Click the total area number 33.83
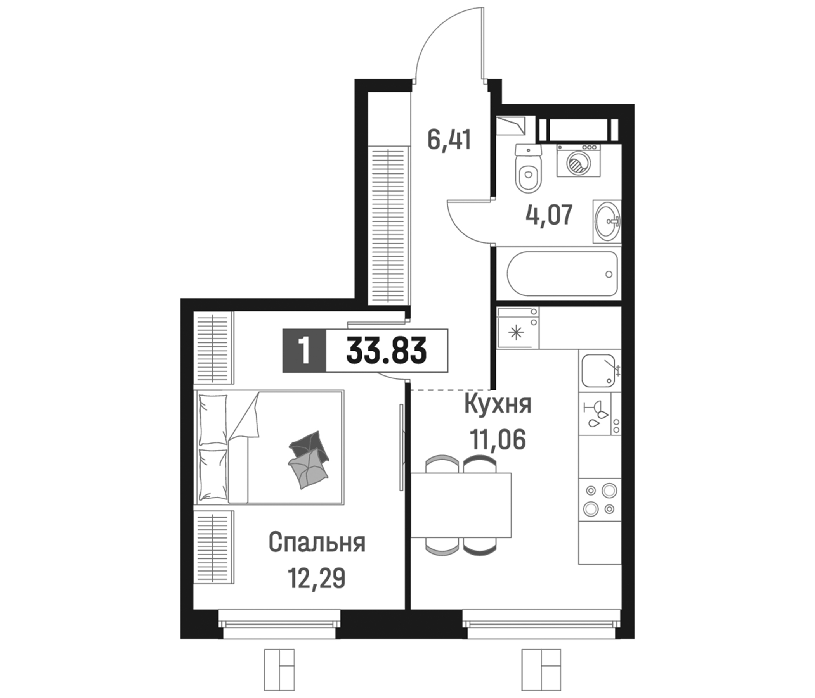(x=386, y=351)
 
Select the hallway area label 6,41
(x=449, y=140)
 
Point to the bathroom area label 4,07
(x=549, y=214)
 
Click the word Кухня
(x=498, y=404)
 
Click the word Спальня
(x=317, y=543)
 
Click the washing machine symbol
(x=578, y=161)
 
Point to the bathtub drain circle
(x=609, y=274)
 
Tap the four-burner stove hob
(x=600, y=499)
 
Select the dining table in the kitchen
(x=461, y=504)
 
